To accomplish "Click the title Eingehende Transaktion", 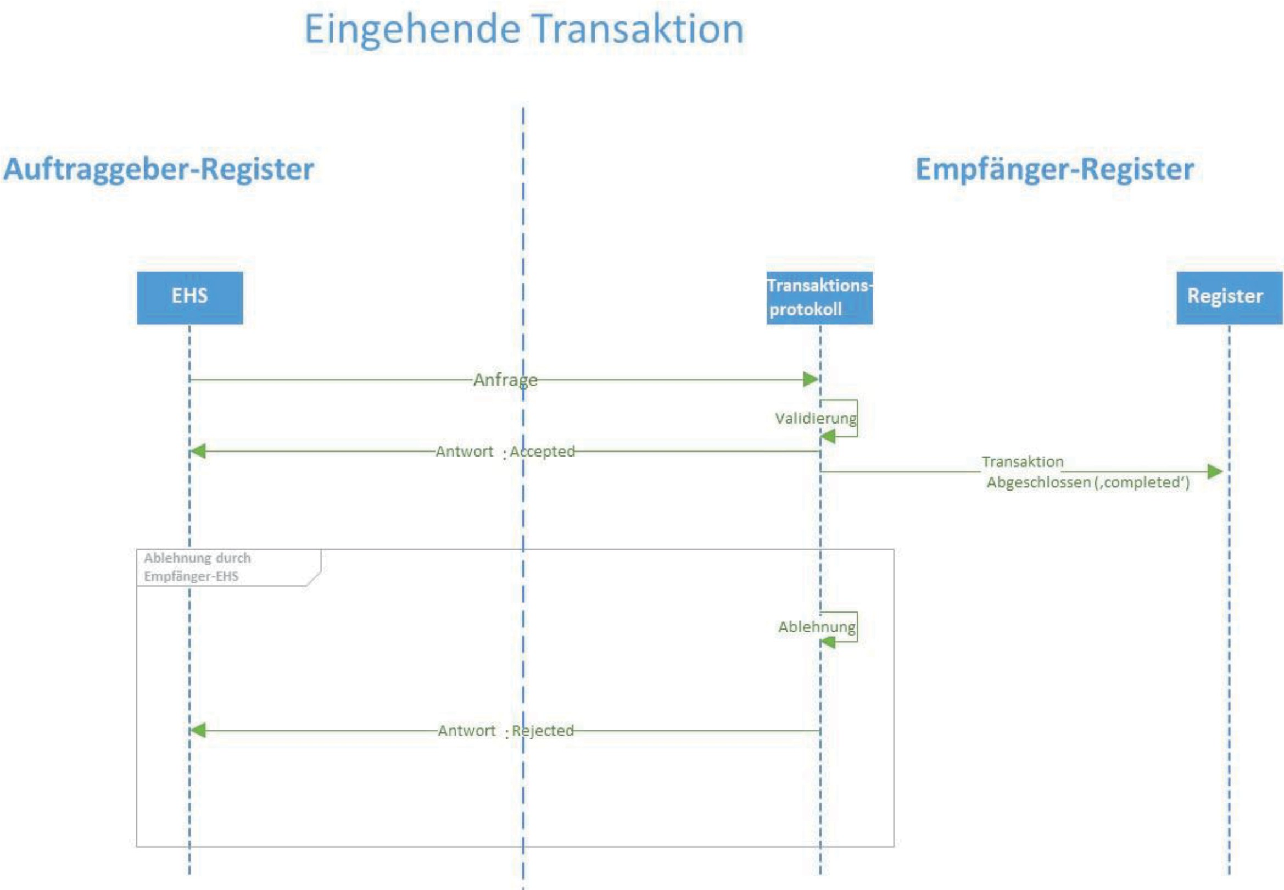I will pos(523,29).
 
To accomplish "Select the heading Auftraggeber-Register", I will pos(159,169).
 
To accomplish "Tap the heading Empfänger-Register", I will pos(1054,169).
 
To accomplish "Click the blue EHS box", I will pos(189,297).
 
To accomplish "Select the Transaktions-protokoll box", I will pos(819,297).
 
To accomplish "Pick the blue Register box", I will pos(1229,297).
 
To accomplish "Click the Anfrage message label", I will pos(505,380).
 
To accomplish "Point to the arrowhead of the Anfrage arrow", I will pos(810,380).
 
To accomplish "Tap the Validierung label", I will pos(816,418).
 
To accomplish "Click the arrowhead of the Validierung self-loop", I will pos(828,436).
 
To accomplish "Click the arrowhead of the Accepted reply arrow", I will pos(198,451).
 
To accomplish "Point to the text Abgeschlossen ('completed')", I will pos(1088,482).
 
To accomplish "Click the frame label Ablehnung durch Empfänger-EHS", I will pos(197,567).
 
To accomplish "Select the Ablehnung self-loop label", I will pos(817,627).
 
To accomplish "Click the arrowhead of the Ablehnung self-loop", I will pos(828,642).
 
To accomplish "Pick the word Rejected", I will pos(543,731).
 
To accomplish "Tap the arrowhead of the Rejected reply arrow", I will pos(198,731).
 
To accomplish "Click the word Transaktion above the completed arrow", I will pos(1023,461).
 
